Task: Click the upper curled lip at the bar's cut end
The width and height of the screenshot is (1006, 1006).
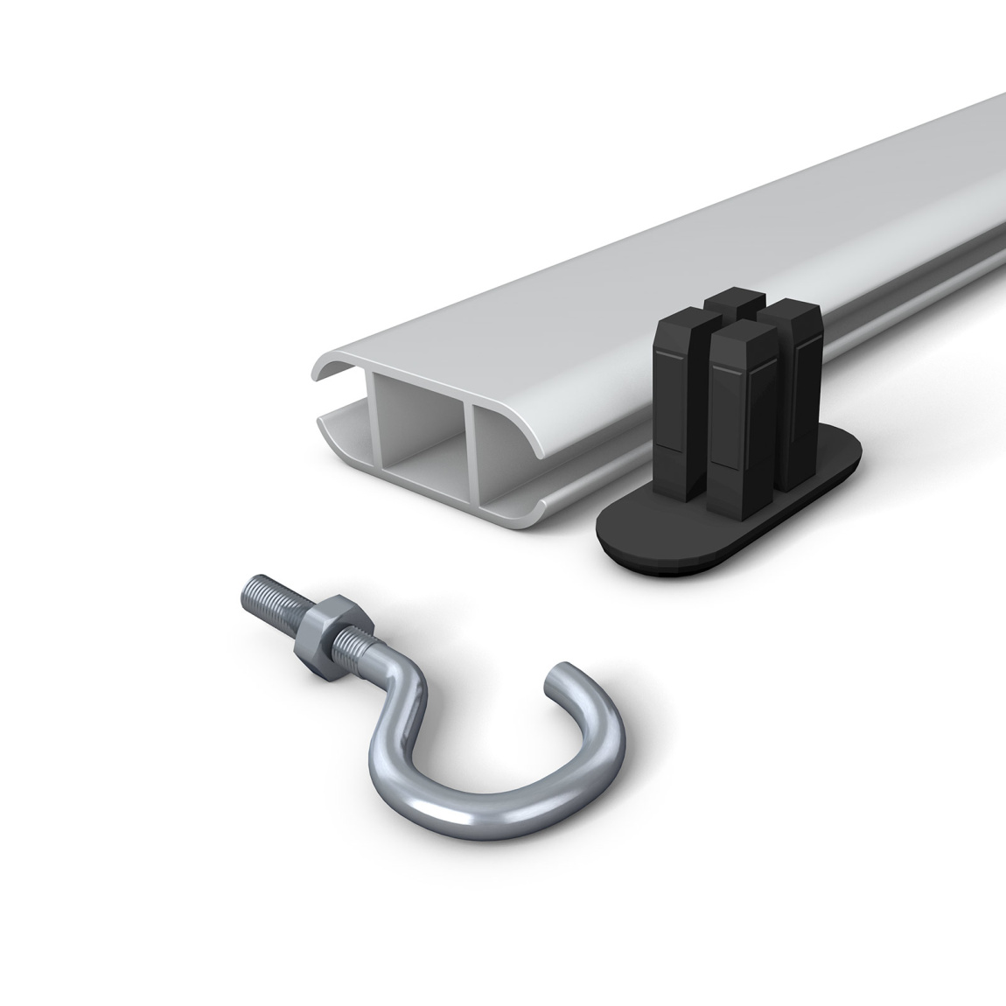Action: [332, 367]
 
